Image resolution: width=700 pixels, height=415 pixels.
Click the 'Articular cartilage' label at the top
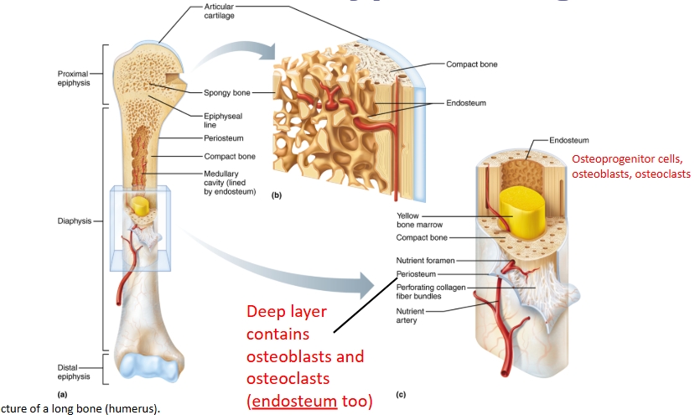[x=220, y=12]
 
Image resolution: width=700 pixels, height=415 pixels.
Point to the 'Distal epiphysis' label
[x=74, y=371]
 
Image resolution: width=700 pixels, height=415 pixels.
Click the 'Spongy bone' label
[x=227, y=92]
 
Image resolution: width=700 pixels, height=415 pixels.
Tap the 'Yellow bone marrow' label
[x=422, y=220]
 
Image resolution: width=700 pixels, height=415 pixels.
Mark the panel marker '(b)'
[x=277, y=195]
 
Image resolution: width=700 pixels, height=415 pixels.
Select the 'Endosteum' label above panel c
[x=569, y=140]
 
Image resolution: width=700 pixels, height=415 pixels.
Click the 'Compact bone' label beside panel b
[x=473, y=64]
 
